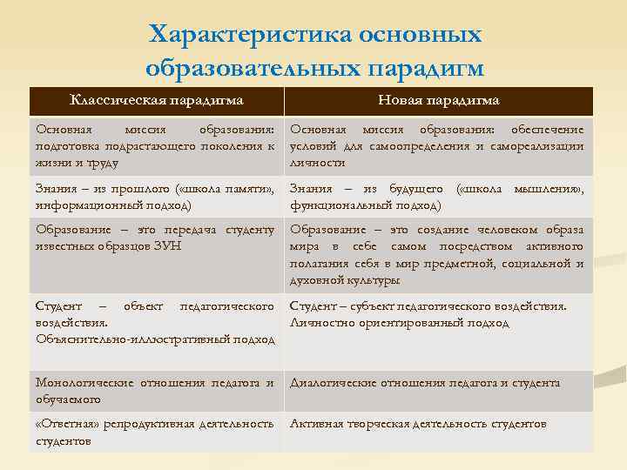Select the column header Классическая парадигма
pyautogui.click(x=156, y=100)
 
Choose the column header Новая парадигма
pyautogui.click(x=438, y=100)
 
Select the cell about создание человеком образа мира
pyautogui.click(x=436, y=255)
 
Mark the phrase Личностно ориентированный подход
pyautogui.click(x=400, y=323)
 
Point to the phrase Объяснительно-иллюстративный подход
pyautogui.click(x=156, y=339)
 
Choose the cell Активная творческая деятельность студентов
pyautogui.click(x=418, y=424)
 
